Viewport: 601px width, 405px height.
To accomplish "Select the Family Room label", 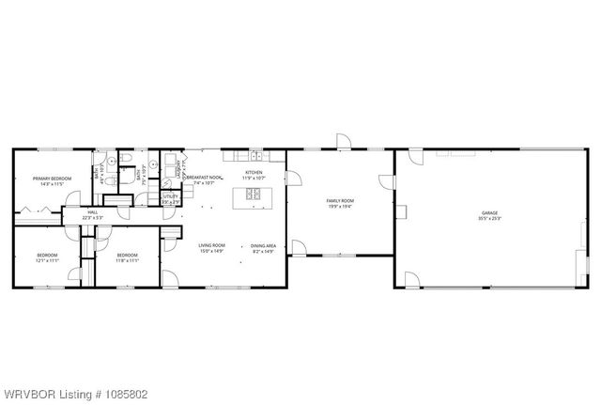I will click(340, 200).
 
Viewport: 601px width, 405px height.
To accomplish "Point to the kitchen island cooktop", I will click(254, 195).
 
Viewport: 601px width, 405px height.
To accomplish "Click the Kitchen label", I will click(254, 172).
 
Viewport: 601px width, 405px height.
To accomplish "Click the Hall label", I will click(93, 212).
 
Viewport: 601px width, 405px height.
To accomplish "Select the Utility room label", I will click(170, 196).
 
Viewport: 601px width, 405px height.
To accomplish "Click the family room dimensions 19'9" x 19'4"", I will click(340, 206).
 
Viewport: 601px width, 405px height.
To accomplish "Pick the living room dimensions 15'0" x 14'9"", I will click(211, 251).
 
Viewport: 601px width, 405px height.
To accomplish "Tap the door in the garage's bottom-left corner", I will click(411, 279).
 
